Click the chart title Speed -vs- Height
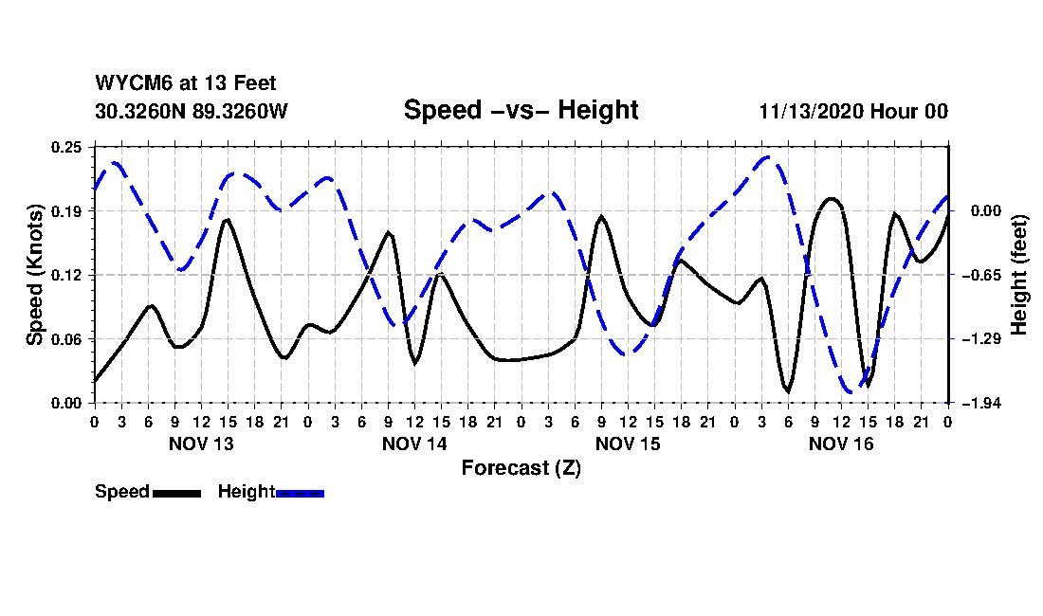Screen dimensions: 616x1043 [x=521, y=110]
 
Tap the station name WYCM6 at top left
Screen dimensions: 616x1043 [x=127, y=84]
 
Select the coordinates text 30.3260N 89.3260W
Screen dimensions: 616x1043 [x=191, y=111]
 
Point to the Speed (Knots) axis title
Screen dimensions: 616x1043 [x=35, y=274]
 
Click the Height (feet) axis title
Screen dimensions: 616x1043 [x=1019, y=275]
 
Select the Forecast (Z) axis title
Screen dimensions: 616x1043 [x=521, y=468]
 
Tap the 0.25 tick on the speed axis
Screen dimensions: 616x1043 [x=68, y=147]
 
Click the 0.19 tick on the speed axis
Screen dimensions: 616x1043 [x=68, y=210]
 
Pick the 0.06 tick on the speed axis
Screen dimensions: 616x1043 [x=68, y=338]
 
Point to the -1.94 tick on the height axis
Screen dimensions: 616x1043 [x=978, y=403]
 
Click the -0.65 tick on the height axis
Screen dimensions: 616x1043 [x=978, y=275]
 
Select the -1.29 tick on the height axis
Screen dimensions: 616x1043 [x=978, y=338]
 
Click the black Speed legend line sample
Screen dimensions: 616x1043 [x=175, y=493]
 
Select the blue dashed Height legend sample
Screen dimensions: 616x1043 [x=300, y=493]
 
